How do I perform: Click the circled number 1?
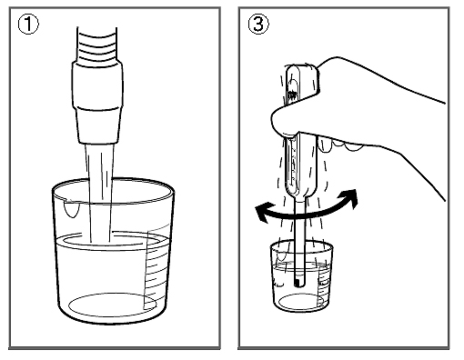tap(28, 25)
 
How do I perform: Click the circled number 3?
tap(258, 25)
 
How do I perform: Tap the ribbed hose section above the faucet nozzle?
tap(97, 45)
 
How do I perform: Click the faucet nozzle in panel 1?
tap(97, 102)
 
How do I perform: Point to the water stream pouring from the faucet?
tap(100, 193)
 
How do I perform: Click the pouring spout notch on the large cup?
tap(72, 207)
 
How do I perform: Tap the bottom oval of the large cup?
tap(113, 305)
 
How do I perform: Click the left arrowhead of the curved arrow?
tap(261, 213)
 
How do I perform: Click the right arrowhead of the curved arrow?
tap(350, 197)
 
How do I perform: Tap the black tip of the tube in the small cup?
tap(297, 283)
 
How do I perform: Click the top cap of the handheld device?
tap(302, 70)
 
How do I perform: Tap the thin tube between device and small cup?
tap(299, 239)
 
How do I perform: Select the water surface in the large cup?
tap(112, 241)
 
